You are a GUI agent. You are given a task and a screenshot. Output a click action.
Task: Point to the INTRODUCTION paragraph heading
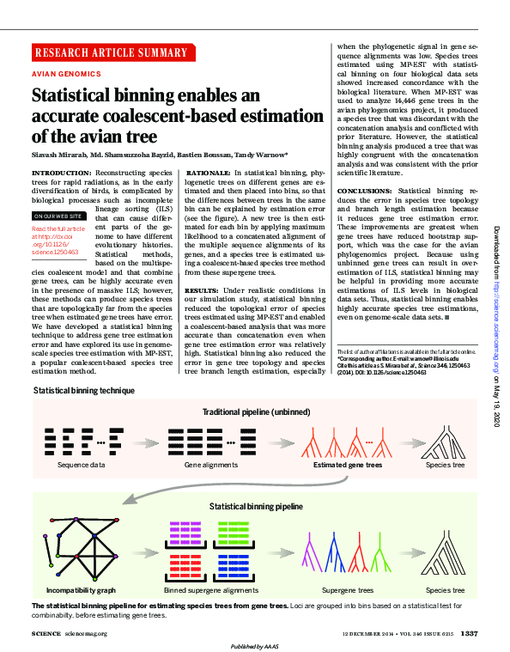pyautogui.click(x=56, y=173)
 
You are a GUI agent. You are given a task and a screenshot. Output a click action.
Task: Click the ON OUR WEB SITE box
pyautogui.click(x=58, y=216)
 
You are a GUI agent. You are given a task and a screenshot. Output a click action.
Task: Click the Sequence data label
pyautogui.click(x=81, y=465)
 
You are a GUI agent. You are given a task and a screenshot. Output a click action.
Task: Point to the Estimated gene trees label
pyautogui.click(x=348, y=465)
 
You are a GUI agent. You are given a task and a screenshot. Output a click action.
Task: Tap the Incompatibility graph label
pyautogui.click(x=80, y=590)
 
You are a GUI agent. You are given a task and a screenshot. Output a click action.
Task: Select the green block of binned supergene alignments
pyautogui.click(x=234, y=535)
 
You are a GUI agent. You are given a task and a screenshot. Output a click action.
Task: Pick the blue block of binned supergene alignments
pyautogui.click(x=234, y=567)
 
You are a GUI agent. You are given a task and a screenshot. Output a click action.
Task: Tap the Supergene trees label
pyautogui.click(x=348, y=590)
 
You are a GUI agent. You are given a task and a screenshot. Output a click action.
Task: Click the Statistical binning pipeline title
pyautogui.click(x=255, y=507)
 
